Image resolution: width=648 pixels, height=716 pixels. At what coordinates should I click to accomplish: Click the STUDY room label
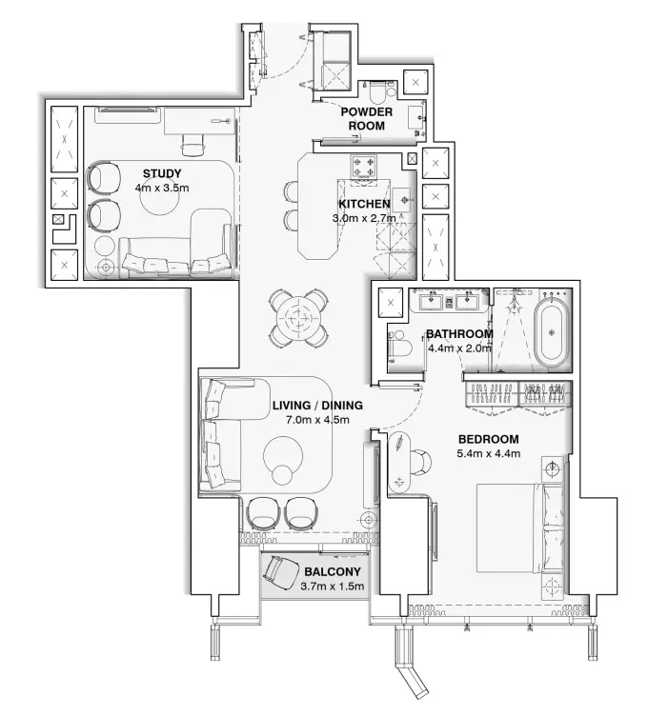[162, 173]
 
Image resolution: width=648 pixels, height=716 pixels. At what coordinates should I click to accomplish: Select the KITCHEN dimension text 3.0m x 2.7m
[361, 218]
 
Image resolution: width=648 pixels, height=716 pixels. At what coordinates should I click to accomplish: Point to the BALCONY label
[332, 572]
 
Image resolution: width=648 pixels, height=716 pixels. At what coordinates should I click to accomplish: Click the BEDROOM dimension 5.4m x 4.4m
[489, 453]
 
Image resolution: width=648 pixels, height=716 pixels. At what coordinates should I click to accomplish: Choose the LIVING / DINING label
[317, 405]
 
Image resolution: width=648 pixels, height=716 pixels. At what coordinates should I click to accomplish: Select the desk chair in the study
[194, 144]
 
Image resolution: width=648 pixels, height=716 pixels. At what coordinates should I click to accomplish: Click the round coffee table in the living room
[284, 474]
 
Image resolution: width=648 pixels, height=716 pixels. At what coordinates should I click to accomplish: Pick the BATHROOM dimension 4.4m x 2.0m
[458, 348]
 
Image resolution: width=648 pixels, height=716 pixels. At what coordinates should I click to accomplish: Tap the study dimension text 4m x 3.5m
[162, 189]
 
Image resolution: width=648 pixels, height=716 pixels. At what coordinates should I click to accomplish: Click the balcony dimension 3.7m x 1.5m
[332, 587]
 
